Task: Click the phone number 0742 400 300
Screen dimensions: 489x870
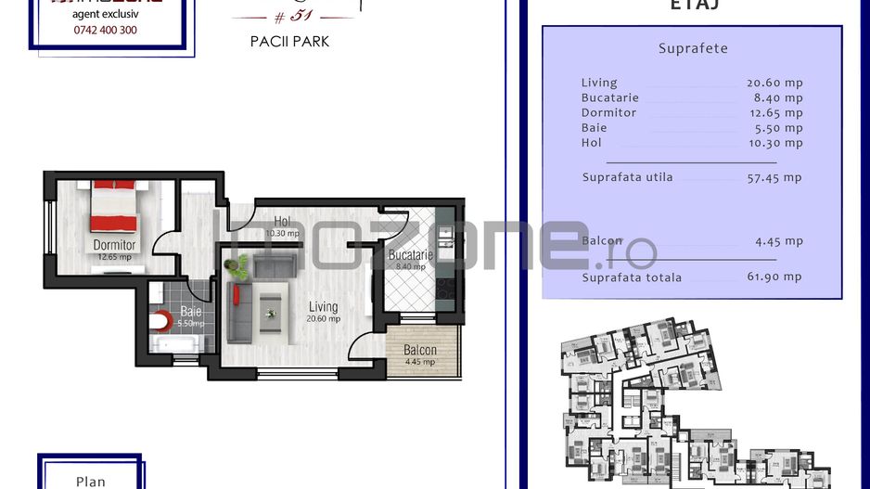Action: click(x=104, y=30)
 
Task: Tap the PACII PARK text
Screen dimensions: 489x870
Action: click(x=289, y=42)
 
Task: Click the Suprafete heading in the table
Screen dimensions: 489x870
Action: click(x=693, y=48)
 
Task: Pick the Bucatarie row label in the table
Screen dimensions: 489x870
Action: click(x=608, y=97)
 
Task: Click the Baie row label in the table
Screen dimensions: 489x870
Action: click(x=594, y=127)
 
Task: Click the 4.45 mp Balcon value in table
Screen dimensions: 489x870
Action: click(x=778, y=241)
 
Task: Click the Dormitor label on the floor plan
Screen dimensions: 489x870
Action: click(x=114, y=246)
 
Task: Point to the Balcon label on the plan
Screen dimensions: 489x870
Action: click(x=420, y=350)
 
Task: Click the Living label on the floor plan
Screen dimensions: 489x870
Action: click(x=323, y=307)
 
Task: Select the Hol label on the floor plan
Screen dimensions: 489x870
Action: click(x=282, y=222)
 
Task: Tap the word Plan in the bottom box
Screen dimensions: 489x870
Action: click(x=90, y=481)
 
